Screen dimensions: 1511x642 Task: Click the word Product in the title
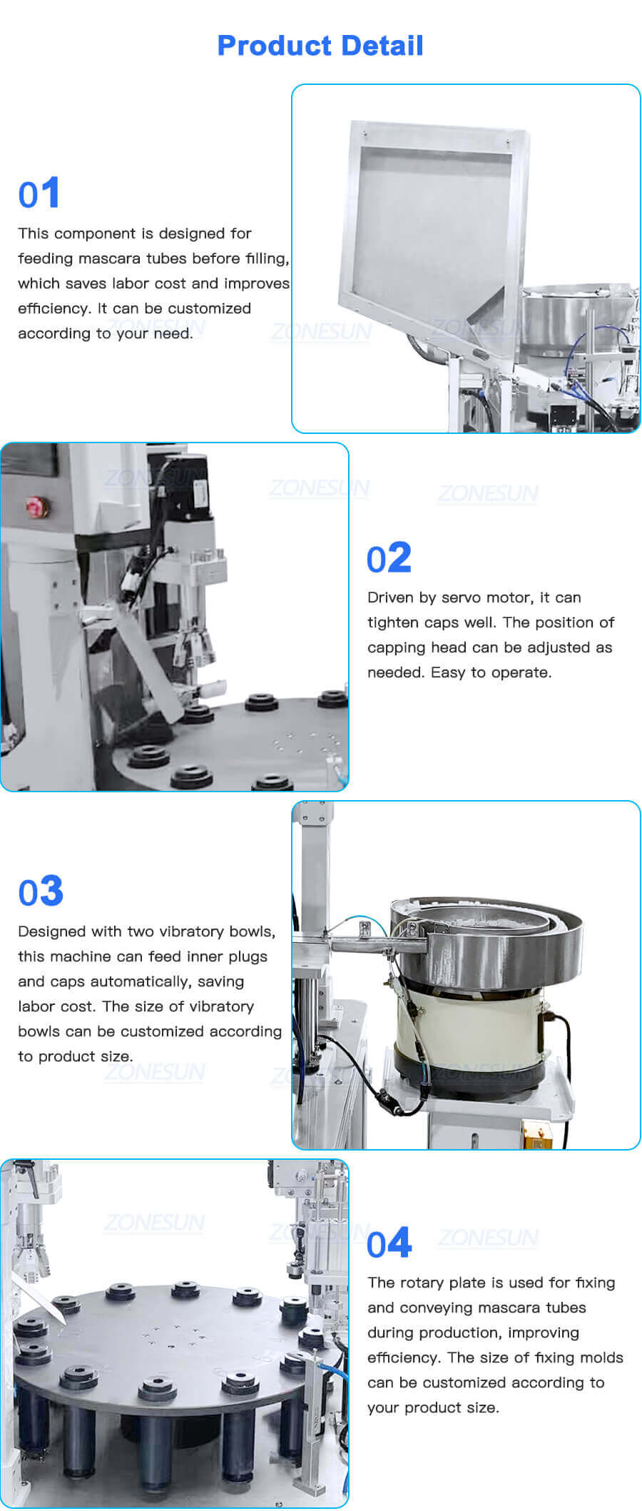(x=264, y=46)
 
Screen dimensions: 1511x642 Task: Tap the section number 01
(x=39, y=193)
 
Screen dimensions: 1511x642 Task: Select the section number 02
(x=389, y=557)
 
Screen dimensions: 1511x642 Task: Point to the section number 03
(x=41, y=891)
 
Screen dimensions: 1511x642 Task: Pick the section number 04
(x=389, y=1243)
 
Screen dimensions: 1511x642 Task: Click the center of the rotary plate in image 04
(x=171, y=1335)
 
